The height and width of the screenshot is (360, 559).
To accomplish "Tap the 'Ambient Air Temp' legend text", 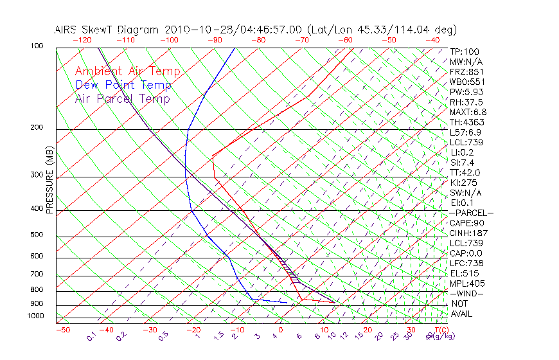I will click(128, 71).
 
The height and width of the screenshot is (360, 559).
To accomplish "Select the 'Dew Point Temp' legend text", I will click(123, 85).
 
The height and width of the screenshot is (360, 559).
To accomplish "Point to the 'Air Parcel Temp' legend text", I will click(123, 98).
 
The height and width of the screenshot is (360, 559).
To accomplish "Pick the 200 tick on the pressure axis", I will click(37, 128).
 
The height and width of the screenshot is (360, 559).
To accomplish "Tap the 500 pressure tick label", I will click(37, 235).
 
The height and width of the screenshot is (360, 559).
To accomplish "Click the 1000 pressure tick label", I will click(35, 316).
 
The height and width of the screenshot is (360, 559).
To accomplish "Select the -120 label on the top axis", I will click(82, 39).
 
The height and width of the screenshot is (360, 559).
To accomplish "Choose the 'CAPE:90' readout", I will click(466, 222).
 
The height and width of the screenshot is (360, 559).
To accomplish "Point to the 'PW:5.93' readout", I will click(466, 92).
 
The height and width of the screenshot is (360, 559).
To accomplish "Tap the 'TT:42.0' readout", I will click(465, 172).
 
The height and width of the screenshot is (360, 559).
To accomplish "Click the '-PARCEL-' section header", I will click(471, 213).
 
